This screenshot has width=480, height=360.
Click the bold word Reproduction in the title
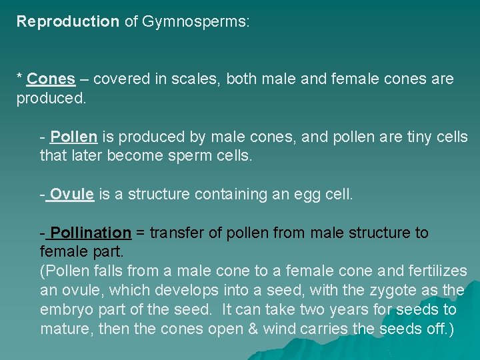tap(67, 21)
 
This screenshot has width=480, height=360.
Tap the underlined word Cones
tap(51, 79)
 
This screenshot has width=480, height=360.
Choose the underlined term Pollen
tap(74, 137)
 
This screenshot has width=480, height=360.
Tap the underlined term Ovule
tap(71, 195)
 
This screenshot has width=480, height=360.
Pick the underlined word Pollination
tap(91, 233)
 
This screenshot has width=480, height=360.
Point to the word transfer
tap(175, 233)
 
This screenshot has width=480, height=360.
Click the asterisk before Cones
tap(19, 78)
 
